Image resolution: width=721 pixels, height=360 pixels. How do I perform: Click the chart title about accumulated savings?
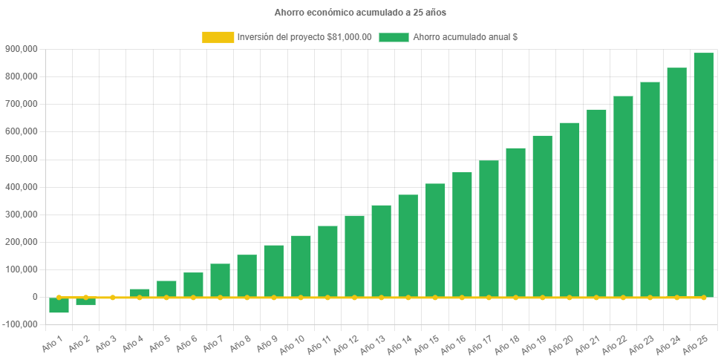tap(360, 13)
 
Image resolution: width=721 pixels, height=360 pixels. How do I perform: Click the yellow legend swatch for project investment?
tap(217, 37)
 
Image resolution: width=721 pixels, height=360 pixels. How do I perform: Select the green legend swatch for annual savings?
tap(394, 37)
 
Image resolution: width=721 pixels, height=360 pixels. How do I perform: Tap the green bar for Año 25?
tap(703, 174)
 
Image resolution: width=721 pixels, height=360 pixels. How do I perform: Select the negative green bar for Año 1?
tap(59, 305)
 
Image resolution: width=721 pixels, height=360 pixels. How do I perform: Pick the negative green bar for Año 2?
tap(86, 301)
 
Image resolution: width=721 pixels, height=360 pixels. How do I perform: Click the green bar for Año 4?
tap(140, 292)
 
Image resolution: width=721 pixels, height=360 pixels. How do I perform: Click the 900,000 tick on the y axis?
tap(21, 49)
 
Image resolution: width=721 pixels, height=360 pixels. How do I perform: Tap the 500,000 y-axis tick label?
tap(21, 159)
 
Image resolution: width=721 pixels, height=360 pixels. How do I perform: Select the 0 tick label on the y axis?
tap(34, 297)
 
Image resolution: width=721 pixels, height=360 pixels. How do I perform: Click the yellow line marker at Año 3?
tap(113, 297)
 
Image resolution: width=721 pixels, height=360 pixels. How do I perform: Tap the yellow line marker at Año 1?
tap(59, 297)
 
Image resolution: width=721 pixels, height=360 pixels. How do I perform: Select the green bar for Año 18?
tap(515, 222)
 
